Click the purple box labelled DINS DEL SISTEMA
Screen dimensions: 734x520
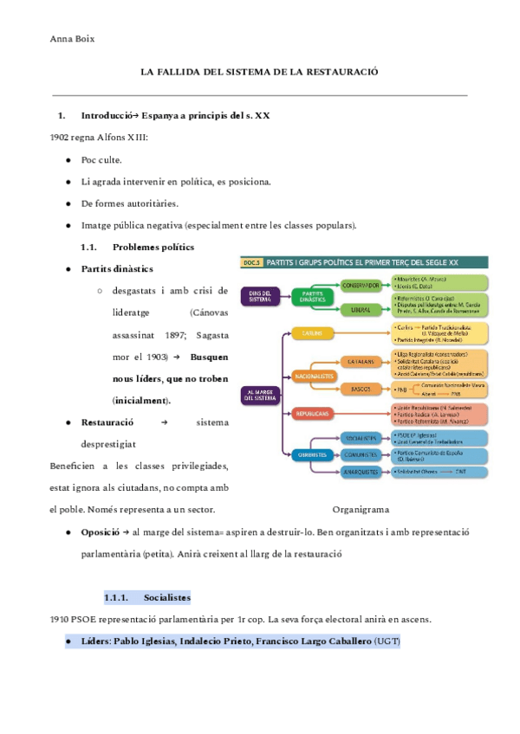click(x=259, y=295)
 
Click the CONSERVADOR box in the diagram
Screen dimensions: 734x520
click(x=361, y=284)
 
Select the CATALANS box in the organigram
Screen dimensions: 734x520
click(x=361, y=360)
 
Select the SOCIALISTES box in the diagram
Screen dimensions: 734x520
click(x=361, y=438)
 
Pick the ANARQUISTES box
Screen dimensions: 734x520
click(x=361, y=472)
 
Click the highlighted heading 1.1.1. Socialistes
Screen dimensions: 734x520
click(x=146, y=597)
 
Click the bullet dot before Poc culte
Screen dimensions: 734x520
click(x=68, y=160)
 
